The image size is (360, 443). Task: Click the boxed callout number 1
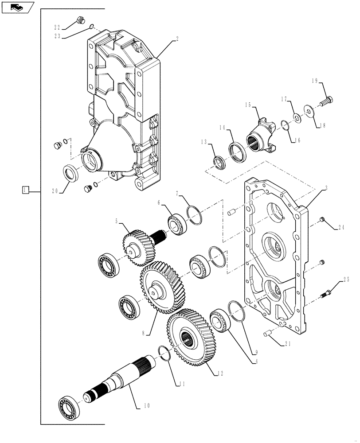point(25,190)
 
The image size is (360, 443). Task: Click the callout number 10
point(147,405)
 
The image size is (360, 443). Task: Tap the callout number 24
point(341,228)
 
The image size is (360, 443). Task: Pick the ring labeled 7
point(195,214)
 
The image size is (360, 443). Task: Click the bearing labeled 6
point(177,224)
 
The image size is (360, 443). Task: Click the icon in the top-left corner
point(17,7)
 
